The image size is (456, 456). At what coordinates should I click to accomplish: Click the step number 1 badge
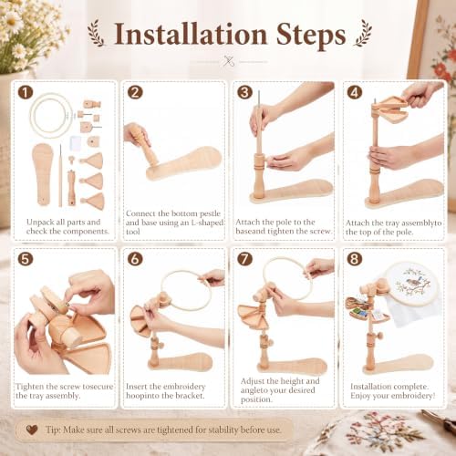[x=26, y=92]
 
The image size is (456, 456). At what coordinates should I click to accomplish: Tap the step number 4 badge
[x=355, y=92]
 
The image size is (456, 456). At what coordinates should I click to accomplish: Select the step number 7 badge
[x=244, y=259]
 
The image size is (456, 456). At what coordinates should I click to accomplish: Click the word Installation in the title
[x=191, y=35]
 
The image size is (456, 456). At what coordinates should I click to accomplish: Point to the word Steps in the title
[x=311, y=36]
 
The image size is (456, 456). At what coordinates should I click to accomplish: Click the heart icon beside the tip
[x=32, y=430]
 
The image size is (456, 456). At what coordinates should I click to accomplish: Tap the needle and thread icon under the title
[x=229, y=61]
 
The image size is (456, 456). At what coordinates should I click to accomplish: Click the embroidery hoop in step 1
[x=51, y=116]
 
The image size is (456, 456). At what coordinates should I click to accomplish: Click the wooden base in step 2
[x=184, y=164]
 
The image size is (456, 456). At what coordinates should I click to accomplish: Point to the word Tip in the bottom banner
[x=53, y=430]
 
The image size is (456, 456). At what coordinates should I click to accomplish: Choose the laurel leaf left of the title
[x=96, y=33]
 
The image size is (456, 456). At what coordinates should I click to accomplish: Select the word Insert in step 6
[x=136, y=387]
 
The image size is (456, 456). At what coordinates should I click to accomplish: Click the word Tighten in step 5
[x=30, y=387]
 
